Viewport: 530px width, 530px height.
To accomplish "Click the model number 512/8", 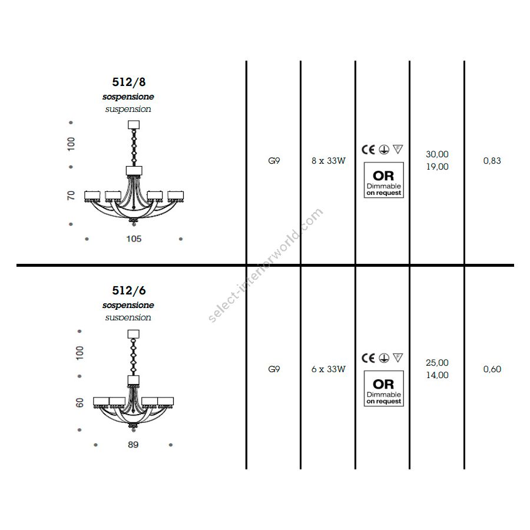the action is [129, 82].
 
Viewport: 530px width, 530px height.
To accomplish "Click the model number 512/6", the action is [129, 290].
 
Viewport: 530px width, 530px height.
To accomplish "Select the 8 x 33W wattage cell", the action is [329, 161].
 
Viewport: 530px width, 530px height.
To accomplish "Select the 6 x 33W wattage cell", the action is [329, 369].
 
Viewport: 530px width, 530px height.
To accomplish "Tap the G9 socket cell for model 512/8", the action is [274, 161].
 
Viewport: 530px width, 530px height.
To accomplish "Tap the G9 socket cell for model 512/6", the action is [274, 369].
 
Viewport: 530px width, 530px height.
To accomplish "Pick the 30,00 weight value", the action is [437, 154].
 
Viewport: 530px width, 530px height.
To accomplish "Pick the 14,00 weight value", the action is [437, 375].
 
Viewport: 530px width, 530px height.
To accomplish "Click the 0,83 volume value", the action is [492, 161].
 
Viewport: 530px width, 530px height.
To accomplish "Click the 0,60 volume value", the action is [492, 369].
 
